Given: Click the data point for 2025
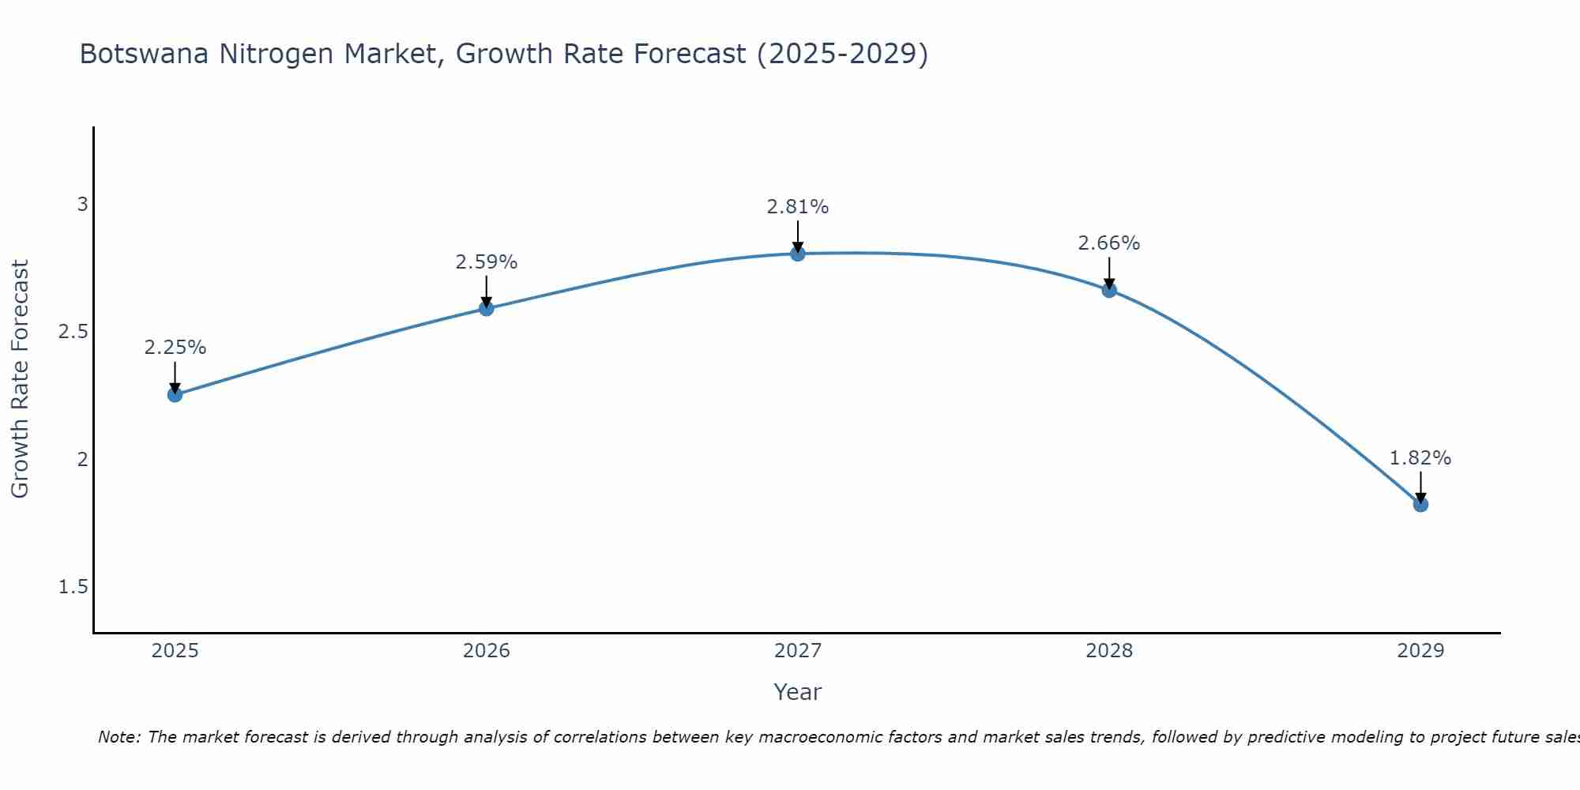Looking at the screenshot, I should [x=175, y=394].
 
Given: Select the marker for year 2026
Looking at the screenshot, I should [x=487, y=308].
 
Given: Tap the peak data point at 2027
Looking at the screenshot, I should [x=798, y=254].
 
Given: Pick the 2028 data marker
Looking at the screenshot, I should [x=1109, y=290].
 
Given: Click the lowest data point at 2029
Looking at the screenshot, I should [x=1420, y=504].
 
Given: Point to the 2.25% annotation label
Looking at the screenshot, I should [x=175, y=348].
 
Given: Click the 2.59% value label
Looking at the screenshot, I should [x=487, y=262].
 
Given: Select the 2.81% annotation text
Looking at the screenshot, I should [x=798, y=207].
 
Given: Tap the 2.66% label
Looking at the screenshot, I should [x=1109, y=243].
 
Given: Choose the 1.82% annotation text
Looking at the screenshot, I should [x=1420, y=458].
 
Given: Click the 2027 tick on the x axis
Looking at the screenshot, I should [x=798, y=651].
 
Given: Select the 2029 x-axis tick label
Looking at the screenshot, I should [x=1420, y=651].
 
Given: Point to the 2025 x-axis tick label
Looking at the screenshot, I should [x=175, y=651].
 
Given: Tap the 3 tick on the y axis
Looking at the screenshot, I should [x=82, y=205].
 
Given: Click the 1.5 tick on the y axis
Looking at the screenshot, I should [x=73, y=587].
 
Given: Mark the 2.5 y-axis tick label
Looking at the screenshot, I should [x=73, y=332].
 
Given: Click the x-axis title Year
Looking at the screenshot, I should [x=798, y=692].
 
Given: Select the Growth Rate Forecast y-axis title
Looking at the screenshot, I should [x=21, y=379].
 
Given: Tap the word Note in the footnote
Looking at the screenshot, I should [x=118, y=737].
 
